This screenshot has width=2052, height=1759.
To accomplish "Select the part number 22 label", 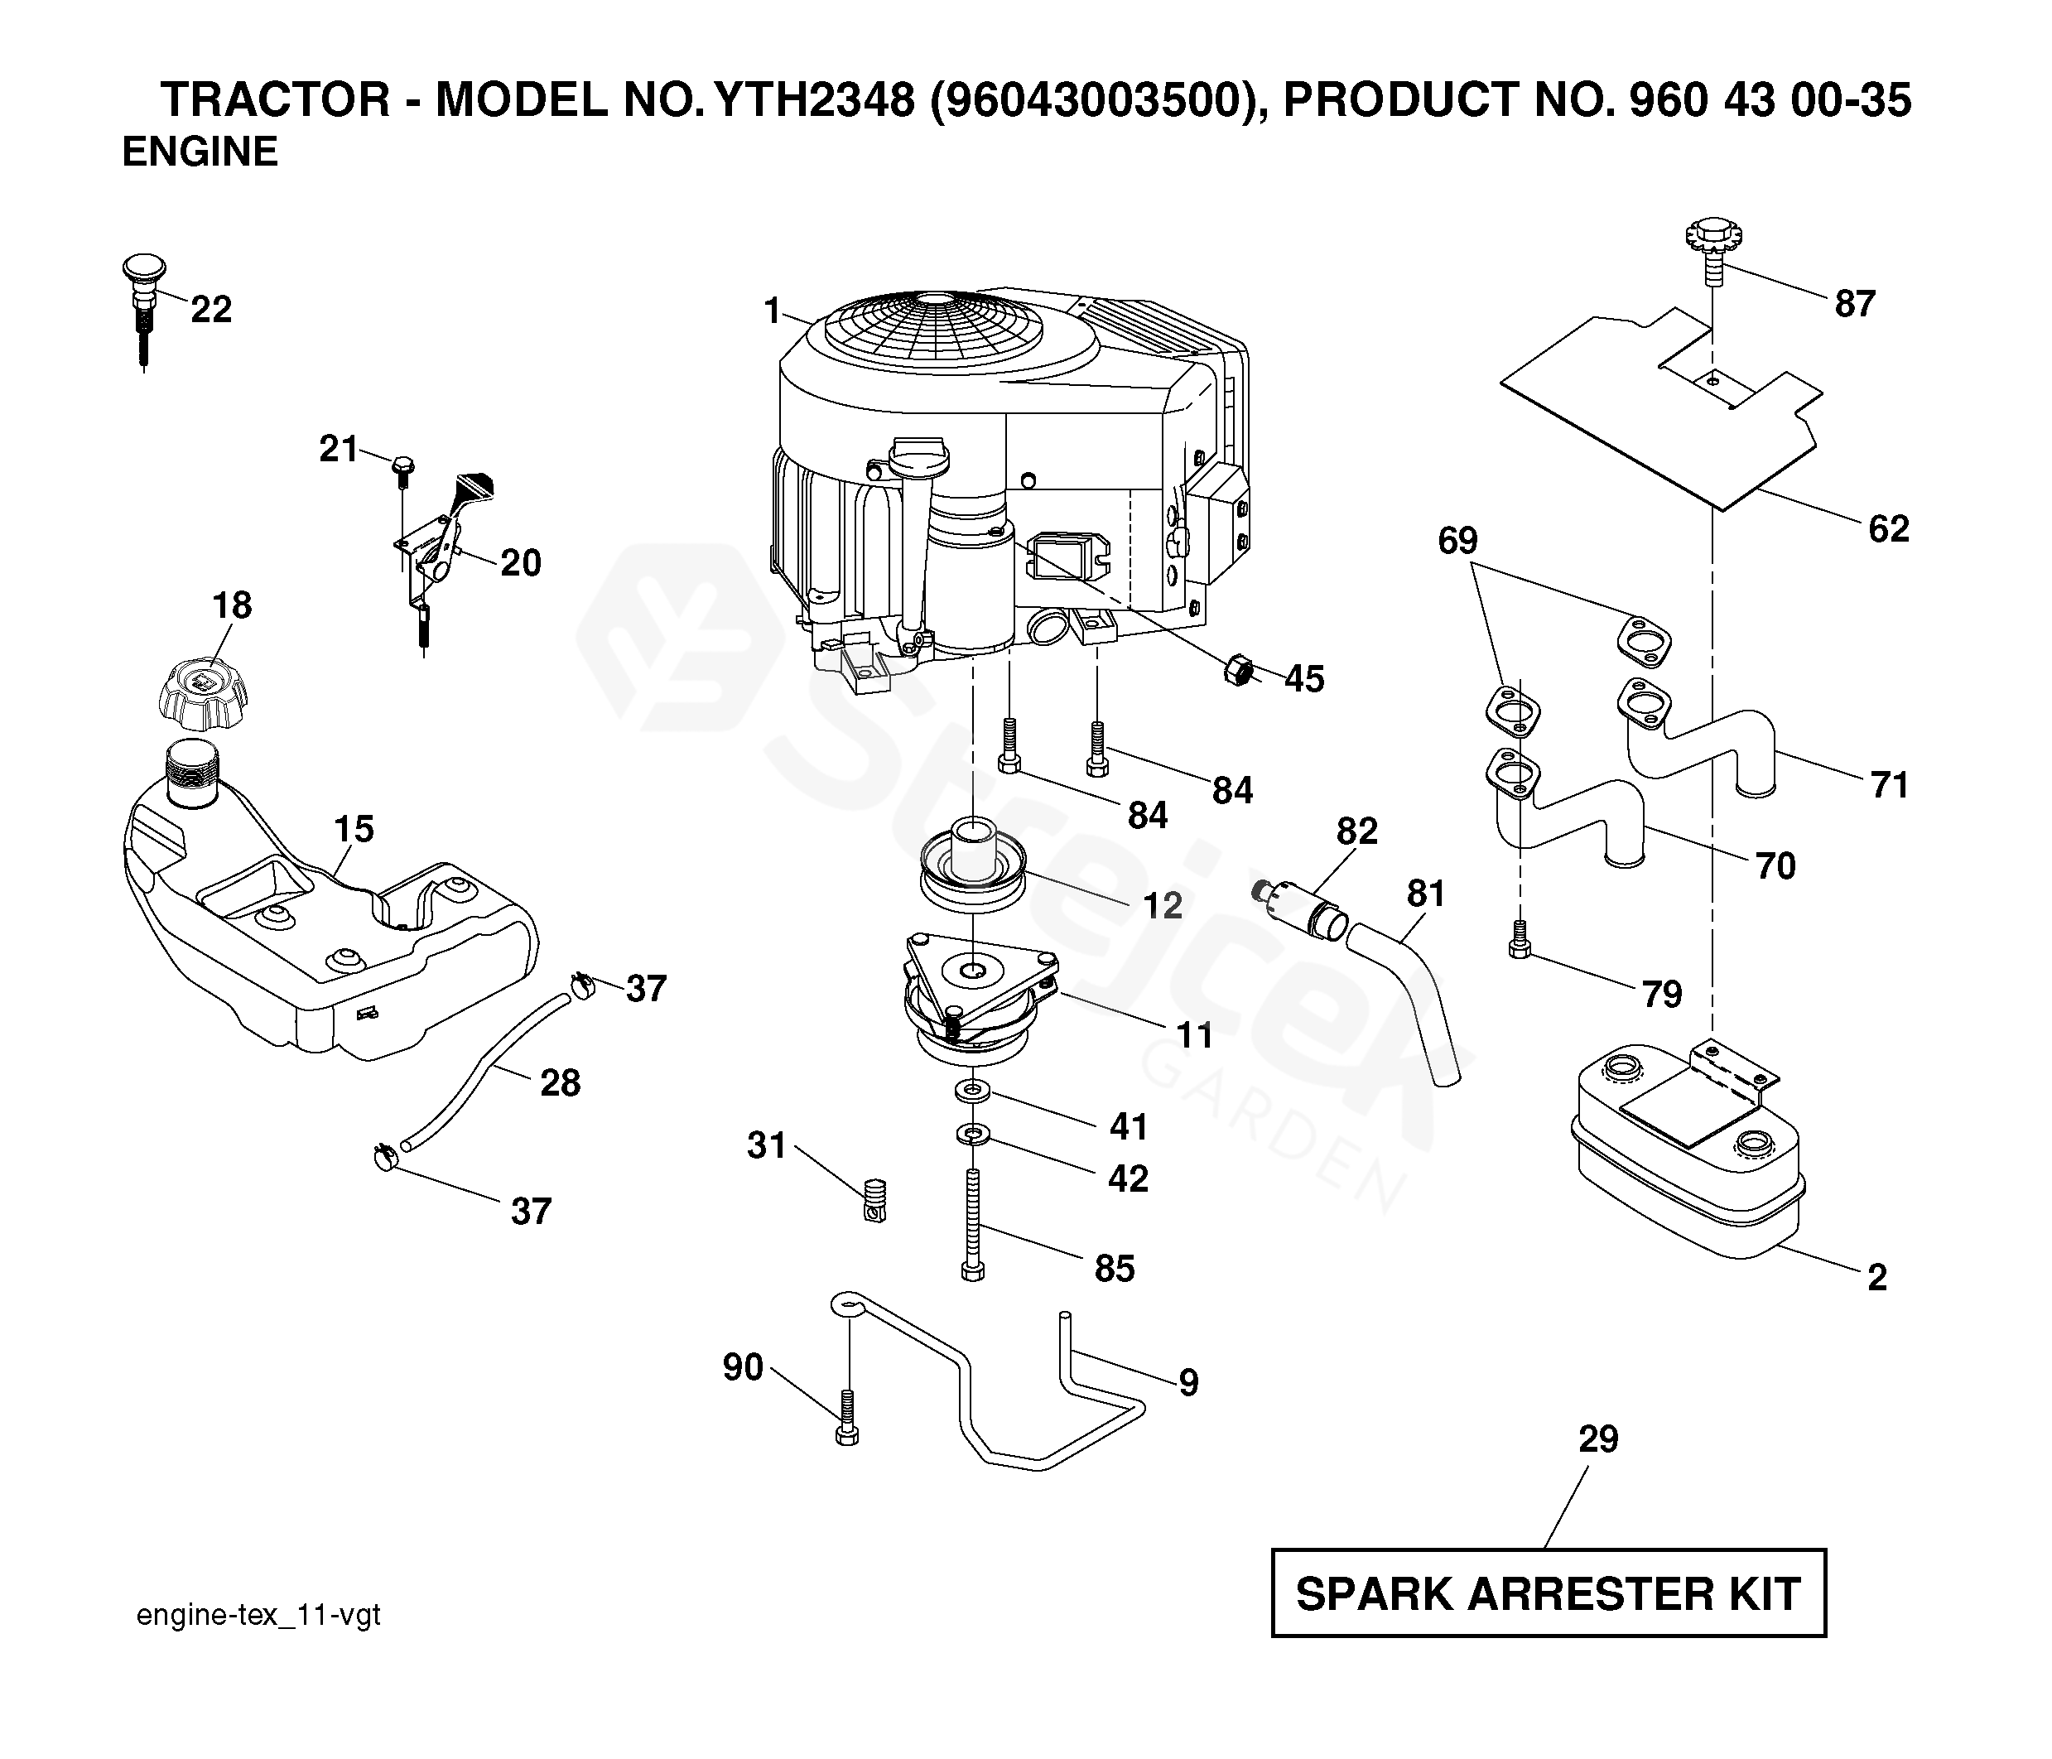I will click(211, 310).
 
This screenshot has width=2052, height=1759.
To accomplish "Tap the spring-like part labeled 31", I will click(874, 1200).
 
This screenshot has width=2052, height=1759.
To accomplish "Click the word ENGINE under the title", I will click(200, 152).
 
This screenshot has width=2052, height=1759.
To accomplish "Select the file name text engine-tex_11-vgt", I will click(258, 1617).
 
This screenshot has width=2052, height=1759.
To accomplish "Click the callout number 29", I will click(1597, 1439).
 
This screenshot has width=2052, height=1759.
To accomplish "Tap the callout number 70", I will click(1775, 866).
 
